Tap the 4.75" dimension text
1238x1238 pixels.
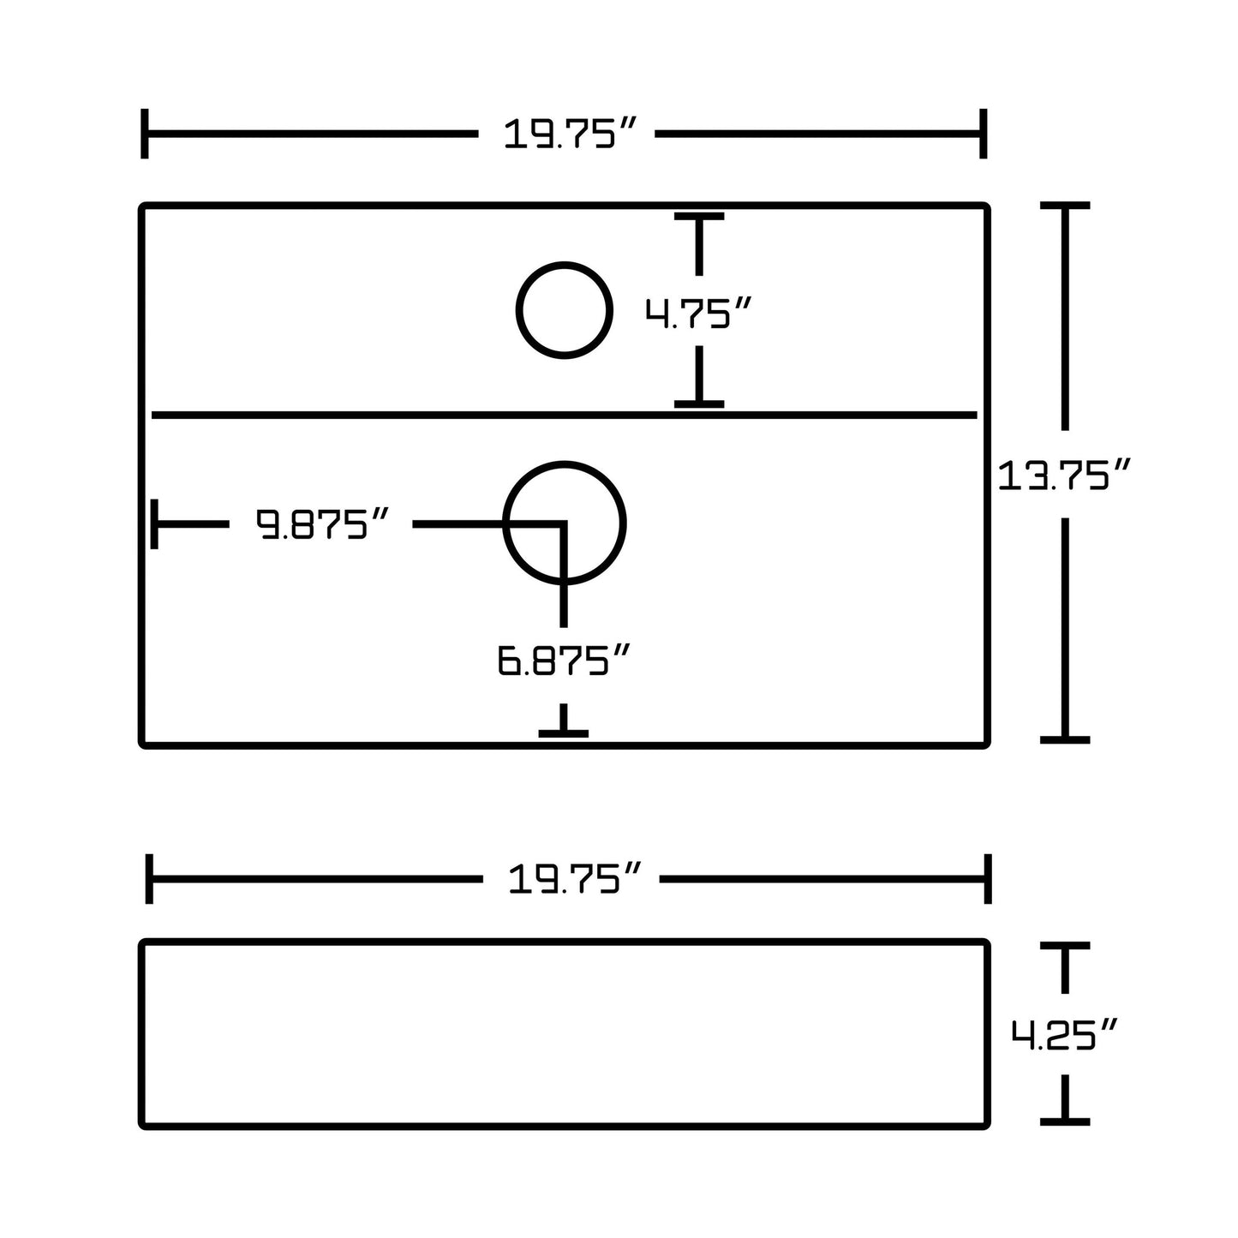point(698,313)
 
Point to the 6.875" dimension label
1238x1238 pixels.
point(565,661)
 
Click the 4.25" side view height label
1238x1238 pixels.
point(1064,1034)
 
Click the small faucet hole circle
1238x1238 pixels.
point(565,310)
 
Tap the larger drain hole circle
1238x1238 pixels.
point(565,523)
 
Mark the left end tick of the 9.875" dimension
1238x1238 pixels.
point(154,523)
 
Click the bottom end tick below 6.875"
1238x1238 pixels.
point(564,733)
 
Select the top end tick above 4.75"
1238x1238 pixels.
point(699,217)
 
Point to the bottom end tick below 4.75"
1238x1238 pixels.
point(699,403)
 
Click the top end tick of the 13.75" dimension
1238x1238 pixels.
point(1064,206)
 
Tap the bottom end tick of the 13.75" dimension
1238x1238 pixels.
point(1064,739)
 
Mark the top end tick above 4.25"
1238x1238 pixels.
point(1064,946)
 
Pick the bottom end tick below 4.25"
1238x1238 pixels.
point(1064,1121)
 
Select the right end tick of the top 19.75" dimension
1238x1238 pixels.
point(984,134)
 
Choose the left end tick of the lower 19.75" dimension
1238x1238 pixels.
point(150,879)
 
